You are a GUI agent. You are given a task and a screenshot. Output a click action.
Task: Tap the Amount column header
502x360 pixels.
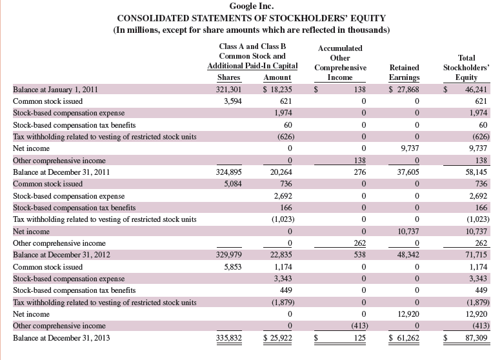click(x=277, y=78)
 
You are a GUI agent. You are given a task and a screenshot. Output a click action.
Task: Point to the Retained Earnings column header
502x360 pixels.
click(x=405, y=72)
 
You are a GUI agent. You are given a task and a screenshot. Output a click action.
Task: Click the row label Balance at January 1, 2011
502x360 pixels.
click(x=55, y=90)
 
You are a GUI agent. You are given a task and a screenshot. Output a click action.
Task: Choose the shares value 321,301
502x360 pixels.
click(x=228, y=90)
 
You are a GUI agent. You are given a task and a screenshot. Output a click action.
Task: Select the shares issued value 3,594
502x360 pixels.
click(x=231, y=101)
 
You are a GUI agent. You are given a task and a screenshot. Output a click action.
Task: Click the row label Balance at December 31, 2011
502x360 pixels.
click(x=59, y=172)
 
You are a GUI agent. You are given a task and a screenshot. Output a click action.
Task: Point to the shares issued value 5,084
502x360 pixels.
click(x=231, y=184)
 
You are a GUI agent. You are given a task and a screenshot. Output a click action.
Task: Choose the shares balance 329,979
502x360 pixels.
click(x=228, y=255)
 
